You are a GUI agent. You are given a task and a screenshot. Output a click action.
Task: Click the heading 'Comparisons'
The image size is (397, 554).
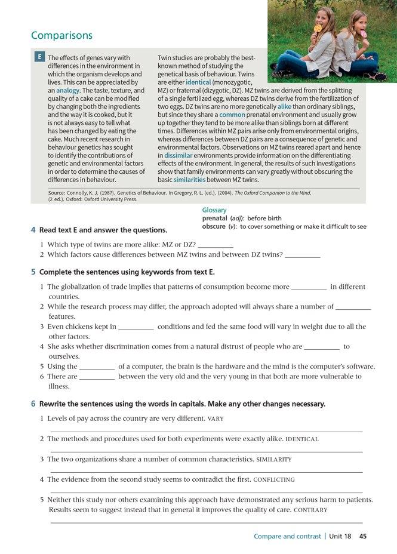pos(61,35)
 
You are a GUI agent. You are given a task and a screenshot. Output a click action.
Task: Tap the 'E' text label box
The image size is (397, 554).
pos(39,57)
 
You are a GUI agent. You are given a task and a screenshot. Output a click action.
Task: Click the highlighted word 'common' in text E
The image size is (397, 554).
pos(232,114)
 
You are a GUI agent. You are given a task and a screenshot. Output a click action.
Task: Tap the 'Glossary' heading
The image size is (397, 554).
pos(214,210)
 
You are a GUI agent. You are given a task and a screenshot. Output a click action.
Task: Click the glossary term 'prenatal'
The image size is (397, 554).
pos(214,218)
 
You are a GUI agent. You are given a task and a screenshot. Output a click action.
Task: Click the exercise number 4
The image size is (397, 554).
pos(33,230)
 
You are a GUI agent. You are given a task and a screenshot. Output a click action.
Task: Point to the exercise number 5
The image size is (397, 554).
pos(33,272)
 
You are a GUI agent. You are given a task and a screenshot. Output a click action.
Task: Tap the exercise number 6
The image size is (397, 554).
pos(33,404)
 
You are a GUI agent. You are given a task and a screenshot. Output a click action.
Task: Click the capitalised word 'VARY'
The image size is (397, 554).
pos(215,418)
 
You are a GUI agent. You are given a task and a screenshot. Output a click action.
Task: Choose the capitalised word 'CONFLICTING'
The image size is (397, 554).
pos(274,479)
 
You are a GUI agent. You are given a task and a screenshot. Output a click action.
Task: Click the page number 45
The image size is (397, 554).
pos(363,536)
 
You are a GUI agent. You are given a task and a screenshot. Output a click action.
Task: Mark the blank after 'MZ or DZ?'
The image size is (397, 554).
pos(215,245)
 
